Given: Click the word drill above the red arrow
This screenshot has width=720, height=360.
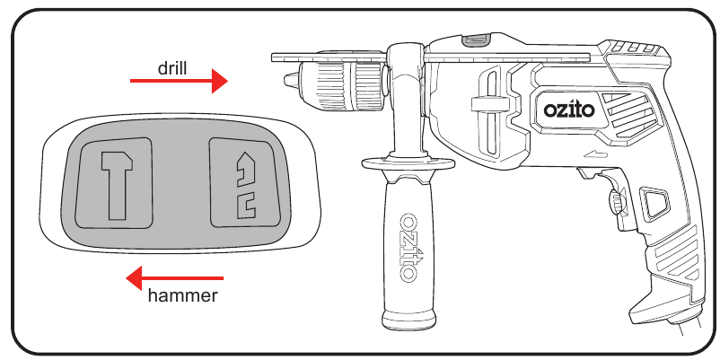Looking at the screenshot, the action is pyautogui.click(x=172, y=68).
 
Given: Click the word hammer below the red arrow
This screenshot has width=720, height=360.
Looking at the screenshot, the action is pyautogui.click(x=183, y=295).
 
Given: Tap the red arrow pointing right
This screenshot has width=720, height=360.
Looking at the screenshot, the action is pyautogui.click(x=179, y=81).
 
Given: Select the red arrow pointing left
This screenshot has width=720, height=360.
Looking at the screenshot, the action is pyautogui.click(x=174, y=278).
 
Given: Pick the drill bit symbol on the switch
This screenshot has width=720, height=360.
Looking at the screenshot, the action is pyautogui.click(x=246, y=185).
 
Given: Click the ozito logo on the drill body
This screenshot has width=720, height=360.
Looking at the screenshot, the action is pyautogui.click(x=569, y=110).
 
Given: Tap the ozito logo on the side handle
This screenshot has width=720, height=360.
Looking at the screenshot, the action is pyautogui.click(x=408, y=247).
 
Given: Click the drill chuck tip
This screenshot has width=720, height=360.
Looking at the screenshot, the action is pyautogui.click(x=291, y=81).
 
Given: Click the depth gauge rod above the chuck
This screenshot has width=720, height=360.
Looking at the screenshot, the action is pyautogui.click(x=430, y=57).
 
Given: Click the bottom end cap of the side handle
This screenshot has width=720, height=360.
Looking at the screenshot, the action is pyautogui.click(x=408, y=320).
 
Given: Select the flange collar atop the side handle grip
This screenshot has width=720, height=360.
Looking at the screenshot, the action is pyautogui.click(x=408, y=163).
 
